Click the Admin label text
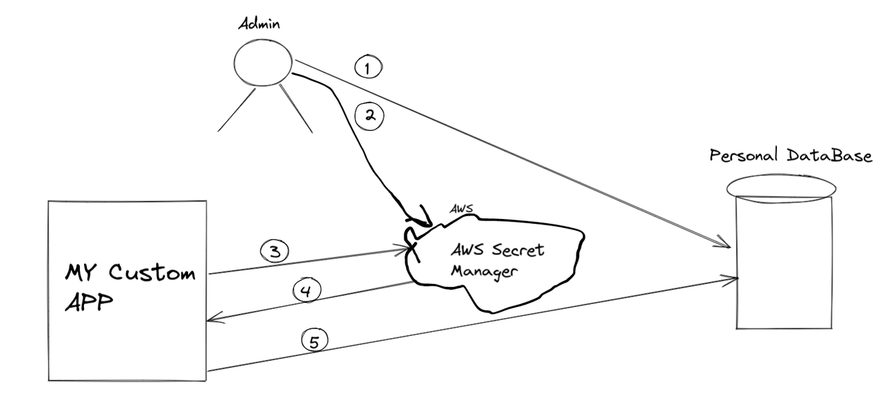(x=259, y=24)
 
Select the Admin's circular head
(x=263, y=62)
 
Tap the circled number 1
(x=368, y=67)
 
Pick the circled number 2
(x=369, y=116)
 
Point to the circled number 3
(x=274, y=251)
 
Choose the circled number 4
(x=307, y=290)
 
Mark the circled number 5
(x=315, y=341)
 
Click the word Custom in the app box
(x=152, y=272)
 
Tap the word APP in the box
(x=89, y=302)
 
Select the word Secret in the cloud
(x=518, y=249)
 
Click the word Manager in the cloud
(x=484, y=272)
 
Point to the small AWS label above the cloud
(x=461, y=209)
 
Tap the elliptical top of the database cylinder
(x=781, y=189)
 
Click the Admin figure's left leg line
(x=237, y=109)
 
